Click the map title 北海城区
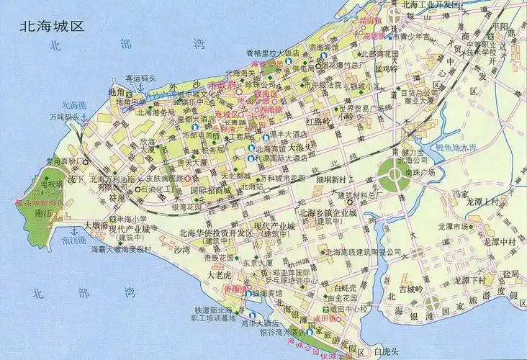(x=52, y=27)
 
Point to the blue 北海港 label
(x=73, y=105)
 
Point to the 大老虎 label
(x=219, y=274)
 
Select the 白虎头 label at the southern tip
(x=390, y=351)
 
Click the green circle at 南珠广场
(x=393, y=174)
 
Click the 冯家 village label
(x=460, y=194)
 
